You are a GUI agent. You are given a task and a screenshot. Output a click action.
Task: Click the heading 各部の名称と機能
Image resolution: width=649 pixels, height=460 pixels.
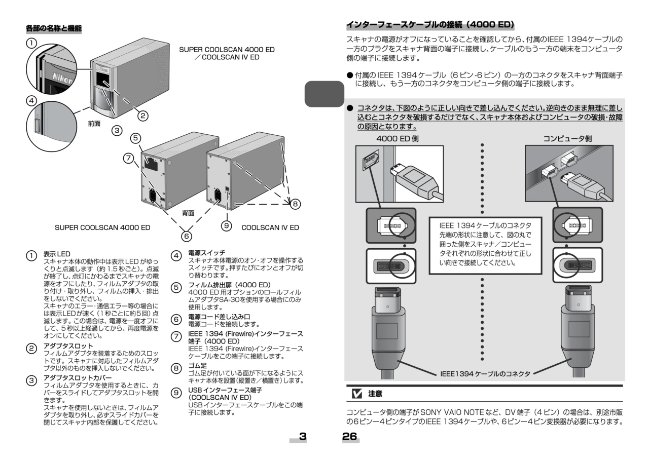click(54, 28)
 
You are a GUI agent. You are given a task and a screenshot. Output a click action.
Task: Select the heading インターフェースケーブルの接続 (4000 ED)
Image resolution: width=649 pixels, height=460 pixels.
click(430, 25)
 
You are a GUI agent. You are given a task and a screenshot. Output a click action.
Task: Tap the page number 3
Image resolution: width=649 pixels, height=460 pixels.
click(303, 436)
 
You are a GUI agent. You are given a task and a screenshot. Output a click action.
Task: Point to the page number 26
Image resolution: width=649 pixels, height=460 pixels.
click(349, 436)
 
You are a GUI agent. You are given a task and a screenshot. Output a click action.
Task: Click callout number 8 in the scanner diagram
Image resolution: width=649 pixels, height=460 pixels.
click(295, 204)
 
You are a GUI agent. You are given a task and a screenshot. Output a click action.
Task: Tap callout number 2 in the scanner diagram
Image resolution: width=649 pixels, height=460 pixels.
click(143, 116)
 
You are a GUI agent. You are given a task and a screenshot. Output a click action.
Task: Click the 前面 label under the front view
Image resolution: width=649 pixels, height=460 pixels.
click(94, 123)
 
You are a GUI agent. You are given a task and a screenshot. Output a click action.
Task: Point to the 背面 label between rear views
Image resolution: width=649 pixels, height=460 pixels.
click(188, 213)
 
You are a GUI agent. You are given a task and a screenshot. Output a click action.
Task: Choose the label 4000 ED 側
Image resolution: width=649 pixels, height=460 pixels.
click(397, 138)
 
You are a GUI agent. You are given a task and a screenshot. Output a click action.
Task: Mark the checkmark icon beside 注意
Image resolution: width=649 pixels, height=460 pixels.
click(357, 393)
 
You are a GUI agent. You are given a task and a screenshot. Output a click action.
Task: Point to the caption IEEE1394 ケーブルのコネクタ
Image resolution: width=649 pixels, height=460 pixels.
click(485, 374)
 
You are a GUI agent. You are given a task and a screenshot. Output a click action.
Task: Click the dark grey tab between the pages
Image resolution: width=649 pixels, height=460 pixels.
click(324, 94)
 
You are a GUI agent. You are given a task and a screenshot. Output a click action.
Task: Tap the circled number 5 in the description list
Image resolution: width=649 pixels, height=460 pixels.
click(176, 287)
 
